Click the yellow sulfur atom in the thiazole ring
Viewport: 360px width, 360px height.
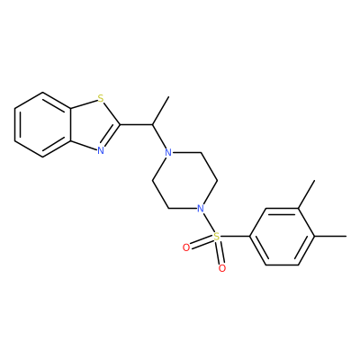tap(101, 98)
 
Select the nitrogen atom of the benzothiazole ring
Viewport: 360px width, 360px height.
tap(101, 150)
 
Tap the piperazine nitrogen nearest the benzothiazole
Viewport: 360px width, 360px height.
tap(169, 152)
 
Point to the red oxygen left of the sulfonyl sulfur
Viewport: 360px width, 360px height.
tap(186, 247)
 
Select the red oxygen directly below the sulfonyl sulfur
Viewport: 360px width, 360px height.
tap(222, 268)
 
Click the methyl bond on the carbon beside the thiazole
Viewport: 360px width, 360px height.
tap(160, 111)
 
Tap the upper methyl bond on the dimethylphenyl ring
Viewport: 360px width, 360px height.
tap(306, 194)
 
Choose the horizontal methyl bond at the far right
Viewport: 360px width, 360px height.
tap(330, 237)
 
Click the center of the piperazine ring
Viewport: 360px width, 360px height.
tap(185, 180)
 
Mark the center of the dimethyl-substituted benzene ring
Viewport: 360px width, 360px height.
tap(282, 237)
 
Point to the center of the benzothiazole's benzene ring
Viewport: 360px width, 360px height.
tap(43, 124)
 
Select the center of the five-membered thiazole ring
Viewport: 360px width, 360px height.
tap(94, 124)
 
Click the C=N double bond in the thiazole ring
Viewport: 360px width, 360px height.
tap(111, 137)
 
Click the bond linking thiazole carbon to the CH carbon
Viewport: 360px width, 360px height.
tap(136, 124)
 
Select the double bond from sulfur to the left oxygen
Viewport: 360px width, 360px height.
tap(202, 242)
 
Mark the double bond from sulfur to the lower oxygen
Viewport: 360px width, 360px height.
tap(220, 252)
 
